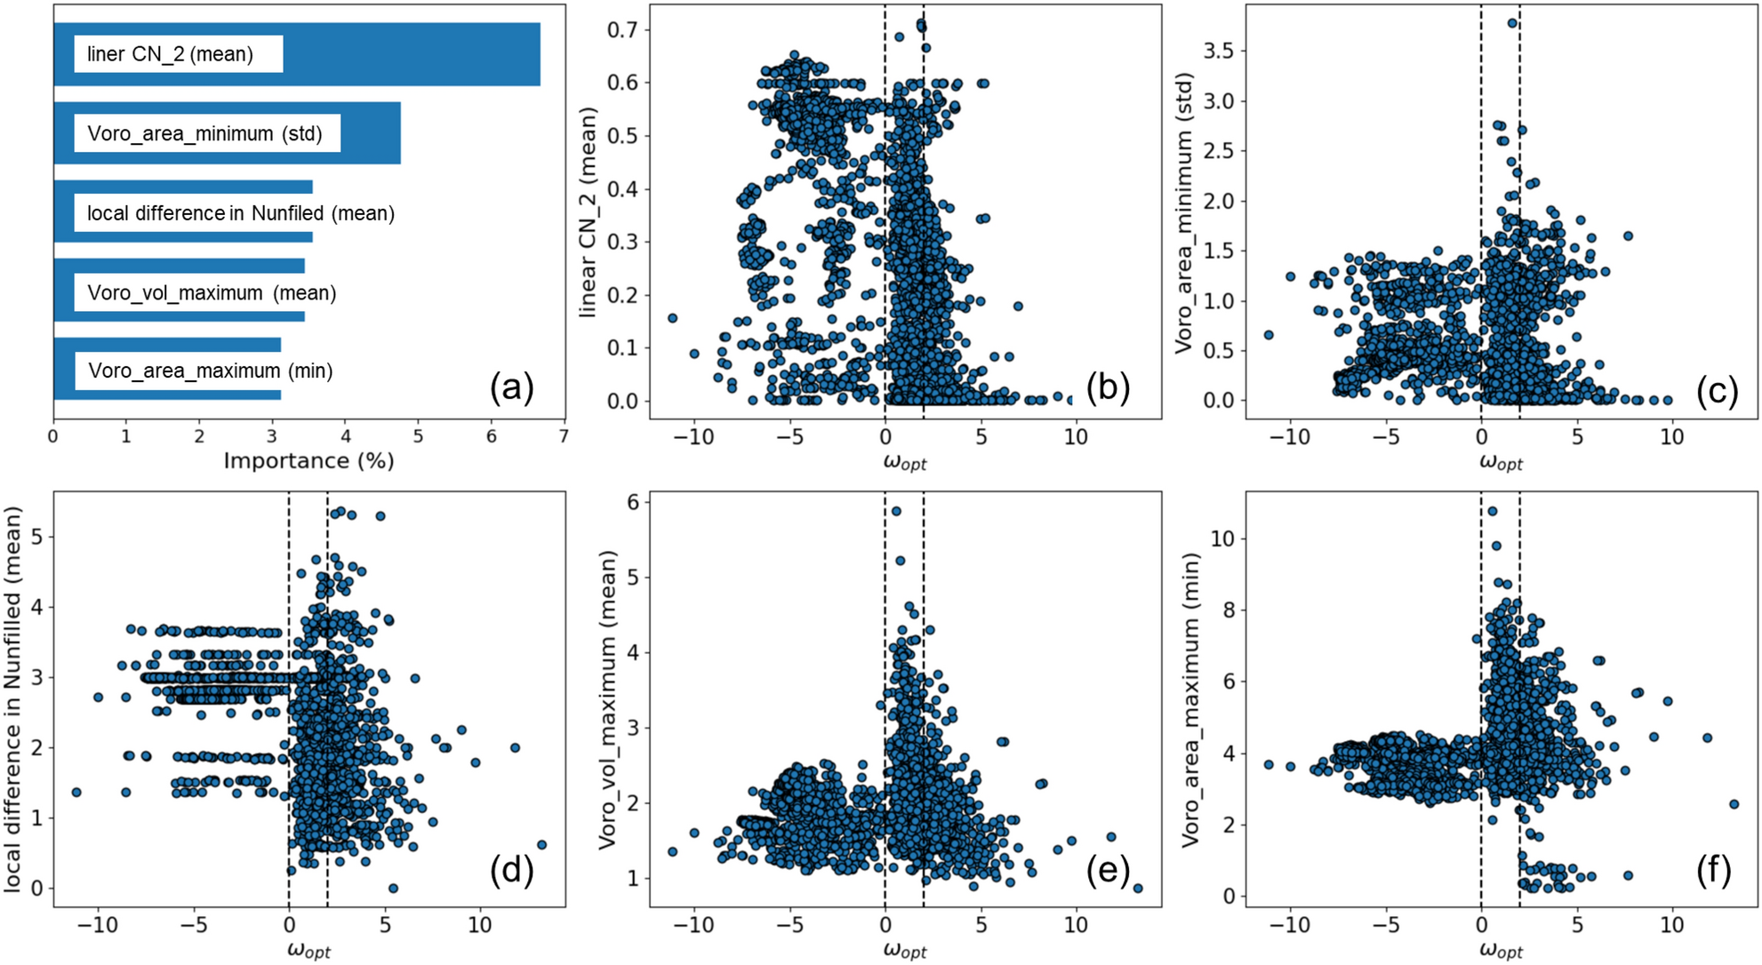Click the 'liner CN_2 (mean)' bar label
pyautogui.click(x=170, y=54)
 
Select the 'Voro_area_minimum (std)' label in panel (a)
pyautogui.click(x=204, y=134)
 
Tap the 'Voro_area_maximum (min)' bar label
pyautogui.click(x=211, y=371)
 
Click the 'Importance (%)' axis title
pyautogui.click(x=308, y=460)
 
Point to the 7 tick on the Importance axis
pyautogui.click(x=564, y=436)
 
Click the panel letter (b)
pyautogui.click(x=1108, y=388)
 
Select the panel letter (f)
pyautogui.click(x=1713, y=871)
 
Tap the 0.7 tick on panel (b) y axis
pyautogui.click(x=622, y=30)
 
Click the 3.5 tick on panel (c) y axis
pyautogui.click(x=1218, y=51)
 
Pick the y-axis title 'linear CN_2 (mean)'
pyautogui.click(x=588, y=213)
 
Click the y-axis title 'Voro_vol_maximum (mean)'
pyautogui.click(x=607, y=699)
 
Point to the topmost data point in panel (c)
pyautogui.click(x=1512, y=23)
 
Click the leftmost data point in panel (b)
pyautogui.click(x=673, y=318)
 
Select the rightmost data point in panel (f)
pyautogui.click(x=1734, y=804)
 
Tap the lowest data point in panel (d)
pyautogui.click(x=393, y=888)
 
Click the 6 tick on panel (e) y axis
pyautogui.click(x=633, y=502)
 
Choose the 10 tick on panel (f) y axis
pyautogui.click(x=1222, y=538)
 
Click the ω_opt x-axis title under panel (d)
pyautogui.click(x=308, y=950)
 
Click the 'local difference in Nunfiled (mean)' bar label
pyautogui.click(x=240, y=213)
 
